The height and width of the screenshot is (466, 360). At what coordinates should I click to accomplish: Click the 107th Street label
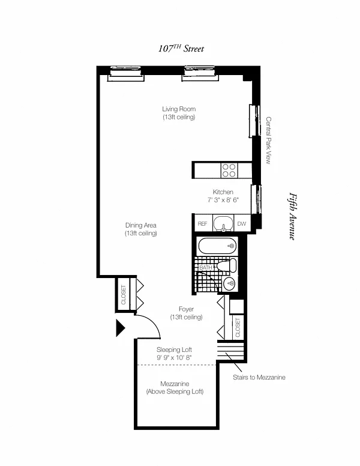pyautogui.click(x=181, y=49)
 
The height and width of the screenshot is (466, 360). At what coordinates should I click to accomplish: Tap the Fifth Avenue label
pyautogui.click(x=293, y=216)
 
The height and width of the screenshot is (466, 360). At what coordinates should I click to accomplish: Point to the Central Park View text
pyautogui.click(x=268, y=141)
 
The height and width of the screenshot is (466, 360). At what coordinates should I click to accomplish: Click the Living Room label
pyautogui.click(x=179, y=109)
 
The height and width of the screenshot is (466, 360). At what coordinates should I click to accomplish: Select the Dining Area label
pyautogui.click(x=141, y=225)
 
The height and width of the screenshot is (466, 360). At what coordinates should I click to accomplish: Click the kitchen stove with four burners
pyautogui.click(x=229, y=171)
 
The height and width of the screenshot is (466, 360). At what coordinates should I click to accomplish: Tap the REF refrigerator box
pyautogui.click(x=203, y=223)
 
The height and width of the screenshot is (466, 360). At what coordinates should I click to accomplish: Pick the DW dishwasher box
pyautogui.click(x=242, y=223)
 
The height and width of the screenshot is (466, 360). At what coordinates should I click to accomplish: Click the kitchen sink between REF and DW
pyautogui.click(x=223, y=224)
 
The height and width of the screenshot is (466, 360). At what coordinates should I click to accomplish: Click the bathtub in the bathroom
pyautogui.click(x=217, y=246)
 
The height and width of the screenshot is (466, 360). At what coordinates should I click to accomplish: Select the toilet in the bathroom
pyautogui.click(x=227, y=265)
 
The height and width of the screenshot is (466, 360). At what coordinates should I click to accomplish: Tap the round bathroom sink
pyautogui.click(x=229, y=283)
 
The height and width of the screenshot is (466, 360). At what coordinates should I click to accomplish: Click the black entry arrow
pyautogui.click(x=120, y=328)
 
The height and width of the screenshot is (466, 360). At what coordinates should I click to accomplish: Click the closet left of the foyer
pyautogui.click(x=124, y=294)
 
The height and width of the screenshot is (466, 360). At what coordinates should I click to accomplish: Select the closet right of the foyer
pyautogui.click(x=238, y=327)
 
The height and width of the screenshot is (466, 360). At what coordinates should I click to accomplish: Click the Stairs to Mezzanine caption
pyautogui.click(x=259, y=378)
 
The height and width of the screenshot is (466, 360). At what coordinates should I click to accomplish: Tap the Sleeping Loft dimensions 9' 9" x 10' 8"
pyautogui.click(x=175, y=357)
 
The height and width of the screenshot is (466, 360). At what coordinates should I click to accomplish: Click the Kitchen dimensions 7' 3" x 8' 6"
pyautogui.click(x=223, y=200)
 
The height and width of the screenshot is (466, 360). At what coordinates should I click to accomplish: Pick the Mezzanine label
pyautogui.click(x=175, y=384)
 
